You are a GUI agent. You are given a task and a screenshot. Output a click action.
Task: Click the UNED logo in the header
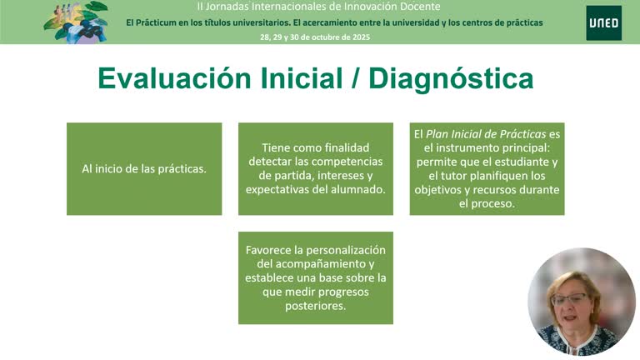coord(602,22)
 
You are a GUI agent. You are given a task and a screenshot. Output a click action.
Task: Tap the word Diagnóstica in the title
coord(451,78)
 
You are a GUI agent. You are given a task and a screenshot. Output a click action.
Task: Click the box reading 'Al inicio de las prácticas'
coord(144,168)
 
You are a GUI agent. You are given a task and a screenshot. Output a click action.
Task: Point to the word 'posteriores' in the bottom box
coord(315,306)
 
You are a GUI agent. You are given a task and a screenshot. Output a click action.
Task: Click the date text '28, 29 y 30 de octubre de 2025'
coord(315,37)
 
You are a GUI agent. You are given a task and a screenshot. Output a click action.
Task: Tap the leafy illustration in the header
coord(76,22)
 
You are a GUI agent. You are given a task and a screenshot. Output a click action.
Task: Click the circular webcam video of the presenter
coord(581,302)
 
